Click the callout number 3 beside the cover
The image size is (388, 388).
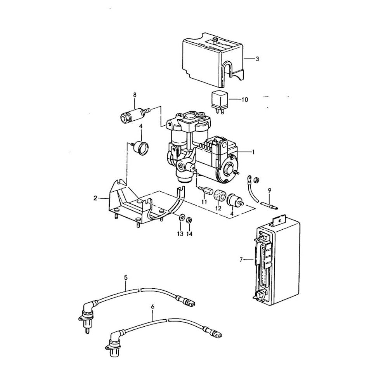click(x=257, y=59)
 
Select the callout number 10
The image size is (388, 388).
click(x=244, y=100)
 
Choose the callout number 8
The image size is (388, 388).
click(x=135, y=95)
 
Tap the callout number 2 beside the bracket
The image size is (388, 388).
click(x=95, y=198)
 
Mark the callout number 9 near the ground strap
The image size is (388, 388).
click(x=270, y=190)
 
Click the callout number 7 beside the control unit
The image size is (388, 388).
click(x=241, y=260)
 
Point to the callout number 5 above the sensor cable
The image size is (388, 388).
click(x=126, y=277)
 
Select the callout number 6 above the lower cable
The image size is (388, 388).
click(x=152, y=307)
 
